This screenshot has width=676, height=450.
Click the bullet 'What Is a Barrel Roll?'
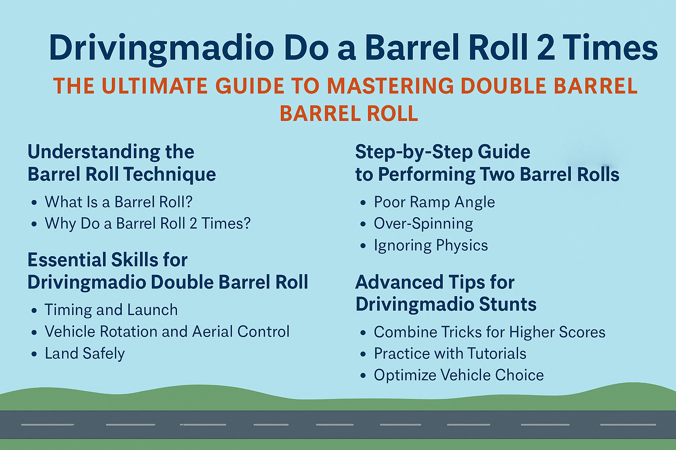point(118,202)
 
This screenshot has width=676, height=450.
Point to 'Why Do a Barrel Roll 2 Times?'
point(147,223)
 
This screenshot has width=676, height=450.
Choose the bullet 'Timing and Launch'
point(111,310)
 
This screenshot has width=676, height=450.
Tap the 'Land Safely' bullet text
point(84,353)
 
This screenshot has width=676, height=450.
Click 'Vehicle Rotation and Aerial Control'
point(167,331)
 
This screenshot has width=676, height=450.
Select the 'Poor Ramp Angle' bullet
point(434,202)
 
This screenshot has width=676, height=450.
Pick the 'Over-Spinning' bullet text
point(423,224)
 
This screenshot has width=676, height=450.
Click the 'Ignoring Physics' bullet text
point(431,245)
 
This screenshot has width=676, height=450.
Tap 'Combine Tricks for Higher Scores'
point(489,332)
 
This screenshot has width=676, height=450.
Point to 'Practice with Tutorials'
point(450,353)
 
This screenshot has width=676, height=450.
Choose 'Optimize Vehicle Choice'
point(459,375)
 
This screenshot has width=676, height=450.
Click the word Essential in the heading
point(67,260)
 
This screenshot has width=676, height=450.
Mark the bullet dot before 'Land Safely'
point(34,354)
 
